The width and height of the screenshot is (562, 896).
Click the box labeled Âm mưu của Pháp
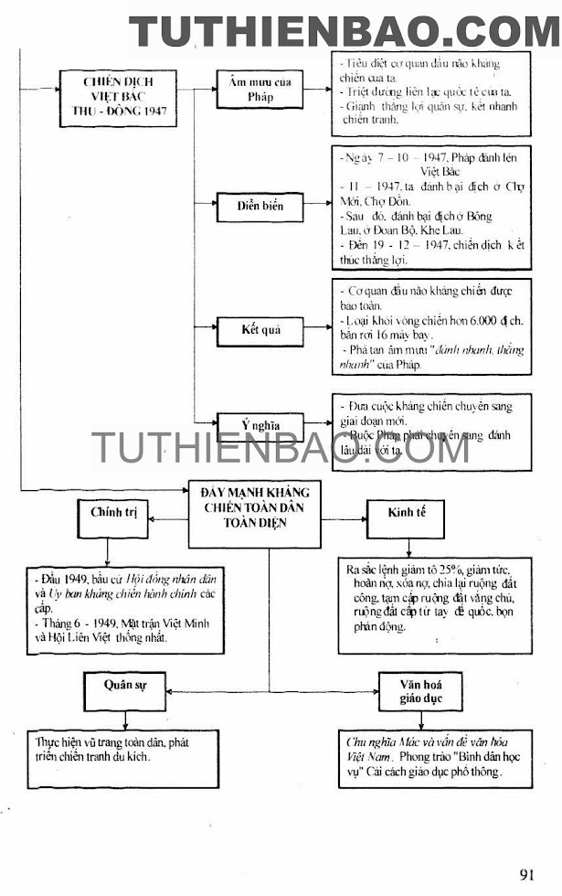click(x=260, y=91)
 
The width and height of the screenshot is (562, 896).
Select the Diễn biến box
click(x=260, y=207)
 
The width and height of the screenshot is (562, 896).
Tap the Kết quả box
click(x=260, y=329)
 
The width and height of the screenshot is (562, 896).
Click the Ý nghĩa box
click(x=260, y=424)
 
